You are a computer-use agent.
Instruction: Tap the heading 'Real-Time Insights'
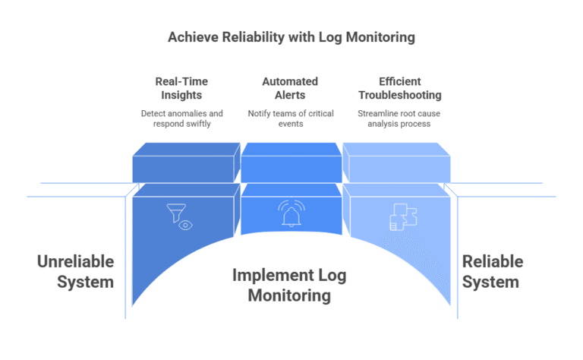(x=182, y=87)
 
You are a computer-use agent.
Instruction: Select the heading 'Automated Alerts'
(x=291, y=87)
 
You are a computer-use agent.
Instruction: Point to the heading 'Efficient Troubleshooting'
(x=399, y=87)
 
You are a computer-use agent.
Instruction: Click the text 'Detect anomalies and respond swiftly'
(x=182, y=118)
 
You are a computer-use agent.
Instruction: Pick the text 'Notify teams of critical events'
(x=291, y=118)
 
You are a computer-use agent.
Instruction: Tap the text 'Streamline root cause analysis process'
(x=399, y=118)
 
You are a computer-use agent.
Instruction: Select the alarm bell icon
(x=290, y=215)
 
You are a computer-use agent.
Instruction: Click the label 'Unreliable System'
(x=76, y=272)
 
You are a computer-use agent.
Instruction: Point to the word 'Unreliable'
(x=76, y=262)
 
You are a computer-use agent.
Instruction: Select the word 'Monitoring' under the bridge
(x=291, y=295)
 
